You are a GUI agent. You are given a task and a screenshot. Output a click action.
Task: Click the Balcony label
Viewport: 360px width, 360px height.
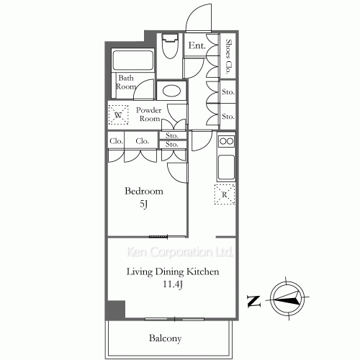point(165,338)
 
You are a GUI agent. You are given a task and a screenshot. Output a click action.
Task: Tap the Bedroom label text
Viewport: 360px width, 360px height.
point(144,191)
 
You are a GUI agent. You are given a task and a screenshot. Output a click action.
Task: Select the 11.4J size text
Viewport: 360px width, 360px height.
point(173,284)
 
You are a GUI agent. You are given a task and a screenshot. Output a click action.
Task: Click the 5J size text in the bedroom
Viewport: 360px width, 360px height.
point(143,204)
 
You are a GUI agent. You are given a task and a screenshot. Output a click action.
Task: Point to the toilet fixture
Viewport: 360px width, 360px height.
point(171,45)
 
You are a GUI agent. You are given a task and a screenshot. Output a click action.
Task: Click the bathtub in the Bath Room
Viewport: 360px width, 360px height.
point(132,60)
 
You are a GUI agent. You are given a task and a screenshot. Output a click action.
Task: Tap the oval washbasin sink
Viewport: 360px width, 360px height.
point(171,91)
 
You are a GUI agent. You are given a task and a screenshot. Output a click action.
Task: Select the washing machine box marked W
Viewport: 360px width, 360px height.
point(118,115)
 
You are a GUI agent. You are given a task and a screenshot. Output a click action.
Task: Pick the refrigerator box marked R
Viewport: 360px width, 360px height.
point(225,194)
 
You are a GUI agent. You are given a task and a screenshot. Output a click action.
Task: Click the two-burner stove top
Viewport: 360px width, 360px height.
point(226,141)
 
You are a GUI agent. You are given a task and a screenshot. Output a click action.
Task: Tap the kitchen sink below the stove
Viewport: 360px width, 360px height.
point(226,167)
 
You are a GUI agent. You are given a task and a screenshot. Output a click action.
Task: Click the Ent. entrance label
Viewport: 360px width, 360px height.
point(197,45)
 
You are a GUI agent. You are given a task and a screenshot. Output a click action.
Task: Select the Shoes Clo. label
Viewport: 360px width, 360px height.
point(228,56)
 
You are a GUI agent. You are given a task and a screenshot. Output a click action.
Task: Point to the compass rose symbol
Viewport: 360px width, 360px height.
point(287,299)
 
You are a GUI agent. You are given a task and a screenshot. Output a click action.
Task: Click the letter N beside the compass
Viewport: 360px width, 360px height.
point(253,301)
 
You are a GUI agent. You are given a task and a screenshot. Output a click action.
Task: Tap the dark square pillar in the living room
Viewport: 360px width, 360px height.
point(116,309)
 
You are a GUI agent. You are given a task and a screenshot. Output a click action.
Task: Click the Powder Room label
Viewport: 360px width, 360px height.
point(149,114)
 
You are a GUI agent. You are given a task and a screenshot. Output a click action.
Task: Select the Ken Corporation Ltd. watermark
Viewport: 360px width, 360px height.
point(179,252)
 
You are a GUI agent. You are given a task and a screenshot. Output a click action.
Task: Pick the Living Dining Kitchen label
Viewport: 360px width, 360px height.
point(173,272)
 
